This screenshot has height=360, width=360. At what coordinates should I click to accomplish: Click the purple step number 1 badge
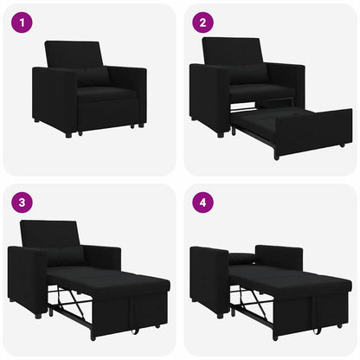[22, 22]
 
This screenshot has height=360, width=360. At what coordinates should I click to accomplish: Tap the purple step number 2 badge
[202, 22]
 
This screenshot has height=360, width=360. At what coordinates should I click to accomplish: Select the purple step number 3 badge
[22, 204]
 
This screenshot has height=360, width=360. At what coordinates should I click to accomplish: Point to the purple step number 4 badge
[202, 204]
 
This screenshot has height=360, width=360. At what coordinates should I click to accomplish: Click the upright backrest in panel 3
[49, 235]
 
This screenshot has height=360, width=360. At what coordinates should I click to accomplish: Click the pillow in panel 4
[244, 257]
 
